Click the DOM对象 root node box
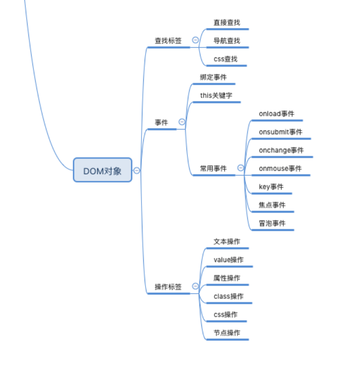(102, 170)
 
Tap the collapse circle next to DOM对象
(137, 170)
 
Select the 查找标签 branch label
(168, 41)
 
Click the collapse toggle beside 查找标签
(195, 40)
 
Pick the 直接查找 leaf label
(227, 22)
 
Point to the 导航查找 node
(227, 41)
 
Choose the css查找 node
(225, 59)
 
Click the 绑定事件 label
(213, 77)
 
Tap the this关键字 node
(216, 96)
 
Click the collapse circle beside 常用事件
(241, 168)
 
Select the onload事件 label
(276, 114)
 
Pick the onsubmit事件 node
(280, 132)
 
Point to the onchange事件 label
(281, 150)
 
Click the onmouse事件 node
(280, 169)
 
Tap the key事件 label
(271, 187)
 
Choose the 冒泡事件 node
(272, 223)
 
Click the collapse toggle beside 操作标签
(195, 286)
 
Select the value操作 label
(228, 260)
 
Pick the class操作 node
(228, 296)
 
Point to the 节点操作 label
(227, 333)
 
